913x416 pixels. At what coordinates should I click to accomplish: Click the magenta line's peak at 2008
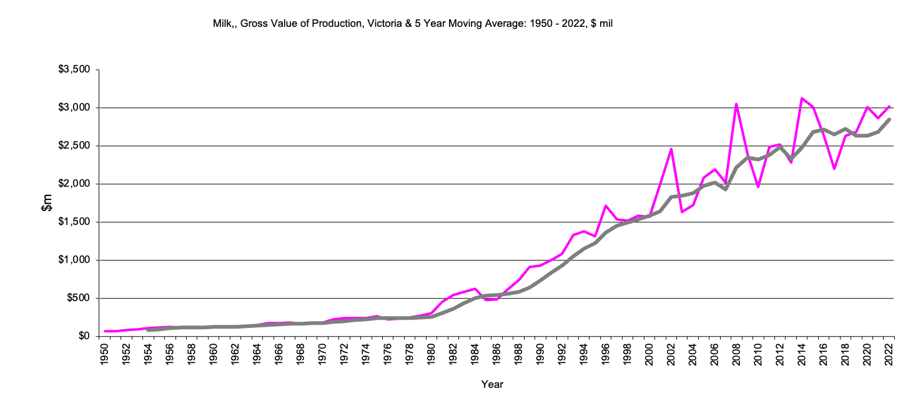(736, 104)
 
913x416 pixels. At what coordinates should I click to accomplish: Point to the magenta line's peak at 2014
(802, 99)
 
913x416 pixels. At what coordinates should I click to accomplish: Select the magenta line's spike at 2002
(671, 149)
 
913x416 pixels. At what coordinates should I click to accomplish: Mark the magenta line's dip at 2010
(758, 187)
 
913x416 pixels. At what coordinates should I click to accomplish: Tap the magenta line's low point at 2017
(834, 169)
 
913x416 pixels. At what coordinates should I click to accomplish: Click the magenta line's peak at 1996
(606, 206)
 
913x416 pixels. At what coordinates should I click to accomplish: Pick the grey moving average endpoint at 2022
(889, 119)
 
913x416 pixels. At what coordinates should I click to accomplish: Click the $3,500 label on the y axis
(74, 69)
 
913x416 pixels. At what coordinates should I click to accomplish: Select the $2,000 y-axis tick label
(74, 184)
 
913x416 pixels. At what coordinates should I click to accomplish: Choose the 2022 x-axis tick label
(889, 354)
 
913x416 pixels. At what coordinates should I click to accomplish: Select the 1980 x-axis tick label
(432, 354)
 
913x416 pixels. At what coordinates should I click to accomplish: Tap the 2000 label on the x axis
(649, 354)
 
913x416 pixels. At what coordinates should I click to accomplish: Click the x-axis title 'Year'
(492, 385)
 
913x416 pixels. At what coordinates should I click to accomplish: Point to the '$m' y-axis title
(47, 202)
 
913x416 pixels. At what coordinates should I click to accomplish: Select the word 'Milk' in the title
(223, 24)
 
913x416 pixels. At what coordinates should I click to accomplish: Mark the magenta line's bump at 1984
(475, 289)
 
